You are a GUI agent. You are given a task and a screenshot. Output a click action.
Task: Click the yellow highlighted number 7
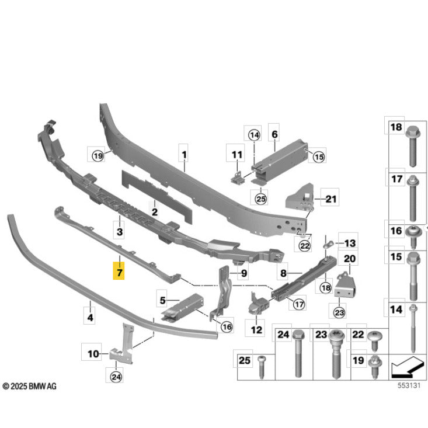click(x=119, y=271)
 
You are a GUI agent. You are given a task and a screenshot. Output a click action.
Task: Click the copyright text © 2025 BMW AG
click(x=29, y=386)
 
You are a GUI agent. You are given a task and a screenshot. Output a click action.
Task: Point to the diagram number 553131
click(x=409, y=385)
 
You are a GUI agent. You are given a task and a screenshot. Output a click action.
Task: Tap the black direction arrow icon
click(x=408, y=367)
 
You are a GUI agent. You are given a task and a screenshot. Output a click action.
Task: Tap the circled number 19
click(x=98, y=156)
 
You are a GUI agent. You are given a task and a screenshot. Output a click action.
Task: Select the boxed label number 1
click(x=185, y=155)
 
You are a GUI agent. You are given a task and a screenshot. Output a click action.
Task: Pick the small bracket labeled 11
click(x=236, y=177)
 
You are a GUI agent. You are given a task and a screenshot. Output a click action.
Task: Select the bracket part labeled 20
click(x=345, y=286)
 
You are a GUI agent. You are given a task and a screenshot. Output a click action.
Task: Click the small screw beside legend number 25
click(x=261, y=367)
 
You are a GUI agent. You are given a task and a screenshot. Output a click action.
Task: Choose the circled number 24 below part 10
click(x=116, y=377)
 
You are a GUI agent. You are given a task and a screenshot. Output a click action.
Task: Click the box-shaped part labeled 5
click(x=183, y=307)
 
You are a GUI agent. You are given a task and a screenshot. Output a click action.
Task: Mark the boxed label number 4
click(x=90, y=317)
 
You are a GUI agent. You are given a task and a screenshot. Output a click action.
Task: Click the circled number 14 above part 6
click(x=254, y=135)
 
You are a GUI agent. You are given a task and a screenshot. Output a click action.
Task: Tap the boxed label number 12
click(x=256, y=329)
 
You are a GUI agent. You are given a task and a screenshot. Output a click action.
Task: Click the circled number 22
click(x=305, y=246)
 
